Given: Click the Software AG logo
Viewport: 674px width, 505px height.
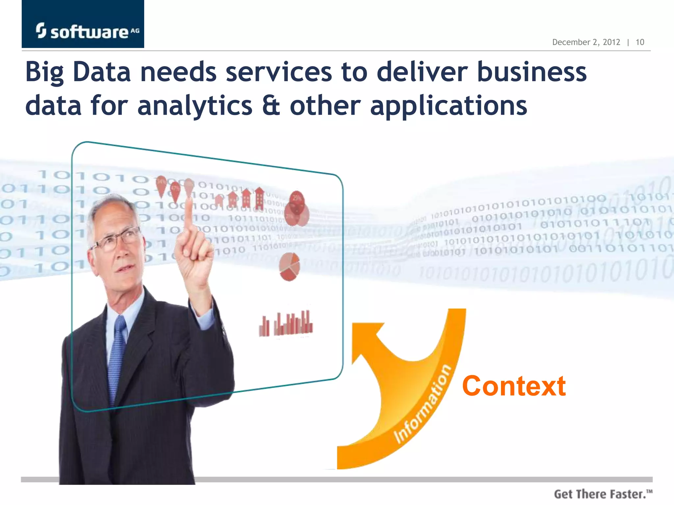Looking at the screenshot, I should click(87, 31).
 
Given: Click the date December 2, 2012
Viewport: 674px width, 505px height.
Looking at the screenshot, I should click(586, 42).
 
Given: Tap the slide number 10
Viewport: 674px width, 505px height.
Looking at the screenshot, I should click(640, 42).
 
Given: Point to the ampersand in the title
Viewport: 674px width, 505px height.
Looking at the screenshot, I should click(271, 106).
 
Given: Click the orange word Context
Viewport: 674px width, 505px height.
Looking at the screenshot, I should click(514, 386).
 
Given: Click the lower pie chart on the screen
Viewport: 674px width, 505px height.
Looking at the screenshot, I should click(289, 267).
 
